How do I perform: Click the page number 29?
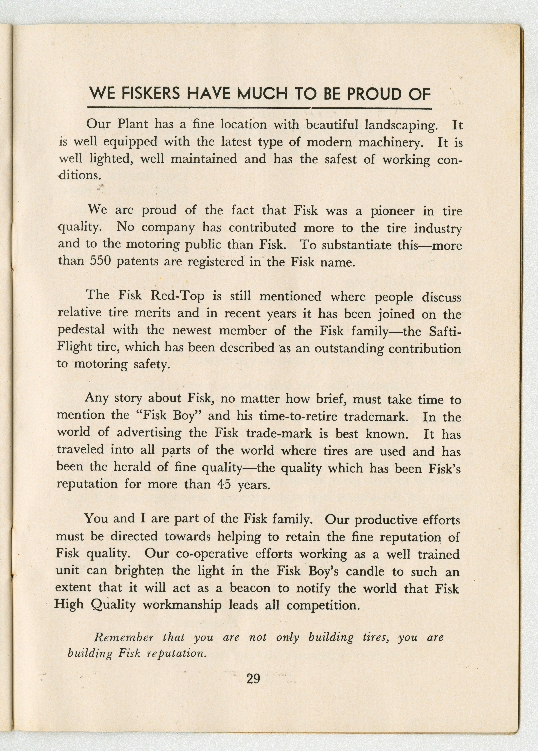253,679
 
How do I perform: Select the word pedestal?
81,330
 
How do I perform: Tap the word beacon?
250,588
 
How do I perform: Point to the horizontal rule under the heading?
260,108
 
